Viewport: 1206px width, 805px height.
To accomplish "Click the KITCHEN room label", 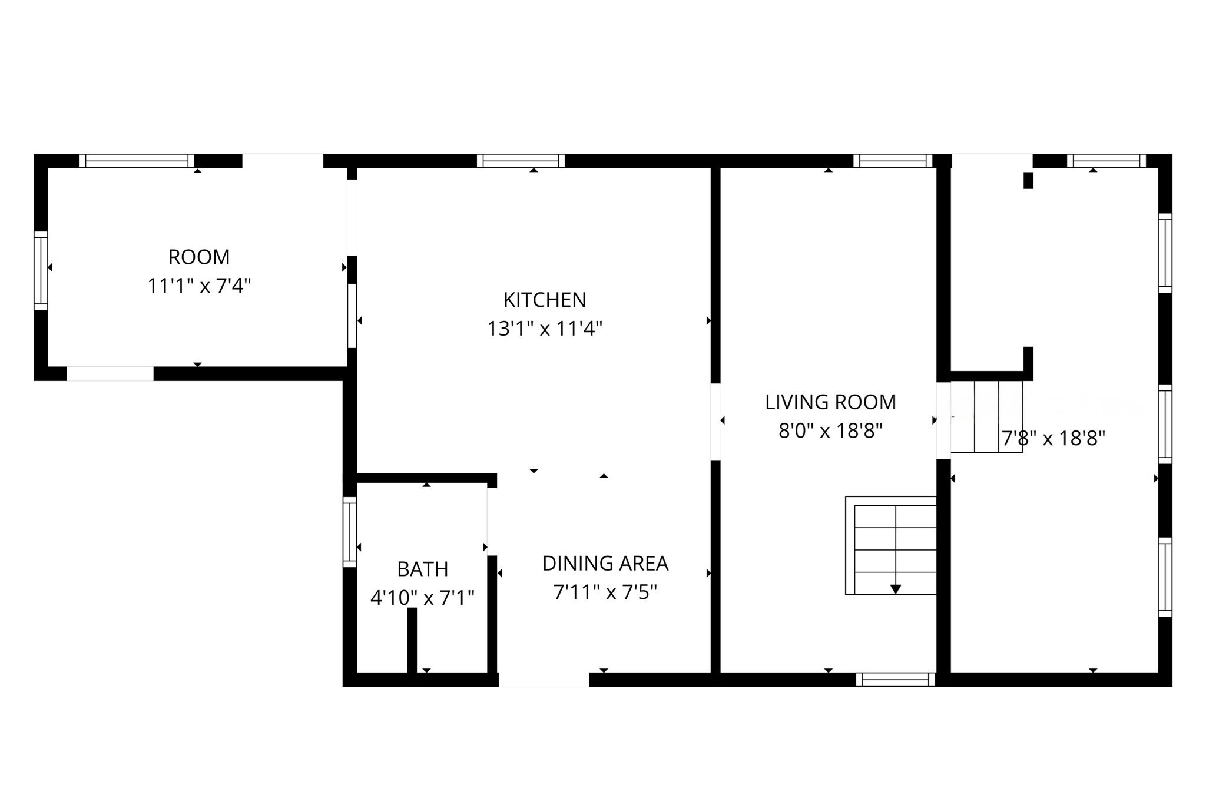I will pyautogui.click(x=545, y=300).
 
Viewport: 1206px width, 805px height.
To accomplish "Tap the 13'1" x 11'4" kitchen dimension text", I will pyautogui.click(x=545, y=329).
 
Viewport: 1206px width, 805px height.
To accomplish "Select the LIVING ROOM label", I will pyautogui.click(x=830, y=402).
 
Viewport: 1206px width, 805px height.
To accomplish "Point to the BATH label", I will pyautogui.click(x=423, y=569).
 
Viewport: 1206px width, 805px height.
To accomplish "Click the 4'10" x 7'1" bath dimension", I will pyautogui.click(x=422, y=598).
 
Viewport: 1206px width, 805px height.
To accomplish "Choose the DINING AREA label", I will pyautogui.click(x=605, y=564).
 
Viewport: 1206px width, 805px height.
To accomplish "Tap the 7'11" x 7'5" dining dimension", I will pyautogui.click(x=605, y=592).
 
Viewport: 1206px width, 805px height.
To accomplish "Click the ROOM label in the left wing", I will pyautogui.click(x=199, y=257).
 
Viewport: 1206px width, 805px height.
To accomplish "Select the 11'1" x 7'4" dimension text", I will pyautogui.click(x=199, y=286).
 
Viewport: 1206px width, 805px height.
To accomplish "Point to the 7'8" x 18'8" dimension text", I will pyautogui.click(x=1053, y=439).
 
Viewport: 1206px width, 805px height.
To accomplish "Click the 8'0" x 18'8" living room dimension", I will pyautogui.click(x=830, y=431).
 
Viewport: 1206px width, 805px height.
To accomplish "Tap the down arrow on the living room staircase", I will pyautogui.click(x=896, y=589).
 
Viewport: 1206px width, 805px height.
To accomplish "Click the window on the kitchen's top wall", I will pyautogui.click(x=521, y=161).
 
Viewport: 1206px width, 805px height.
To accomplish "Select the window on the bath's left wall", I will pyautogui.click(x=350, y=532).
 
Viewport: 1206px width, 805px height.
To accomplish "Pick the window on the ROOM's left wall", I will pyautogui.click(x=41, y=270).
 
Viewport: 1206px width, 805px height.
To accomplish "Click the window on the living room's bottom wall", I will pyautogui.click(x=895, y=680).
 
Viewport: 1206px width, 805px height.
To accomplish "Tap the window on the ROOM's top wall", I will pyautogui.click(x=137, y=161).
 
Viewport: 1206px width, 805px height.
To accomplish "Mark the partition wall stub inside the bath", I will pyautogui.click(x=412, y=640).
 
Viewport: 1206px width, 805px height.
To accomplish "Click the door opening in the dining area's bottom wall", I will pyautogui.click(x=544, y=680).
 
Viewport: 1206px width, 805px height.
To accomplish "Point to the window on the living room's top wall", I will pyautogui.click(x=893, y=161).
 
